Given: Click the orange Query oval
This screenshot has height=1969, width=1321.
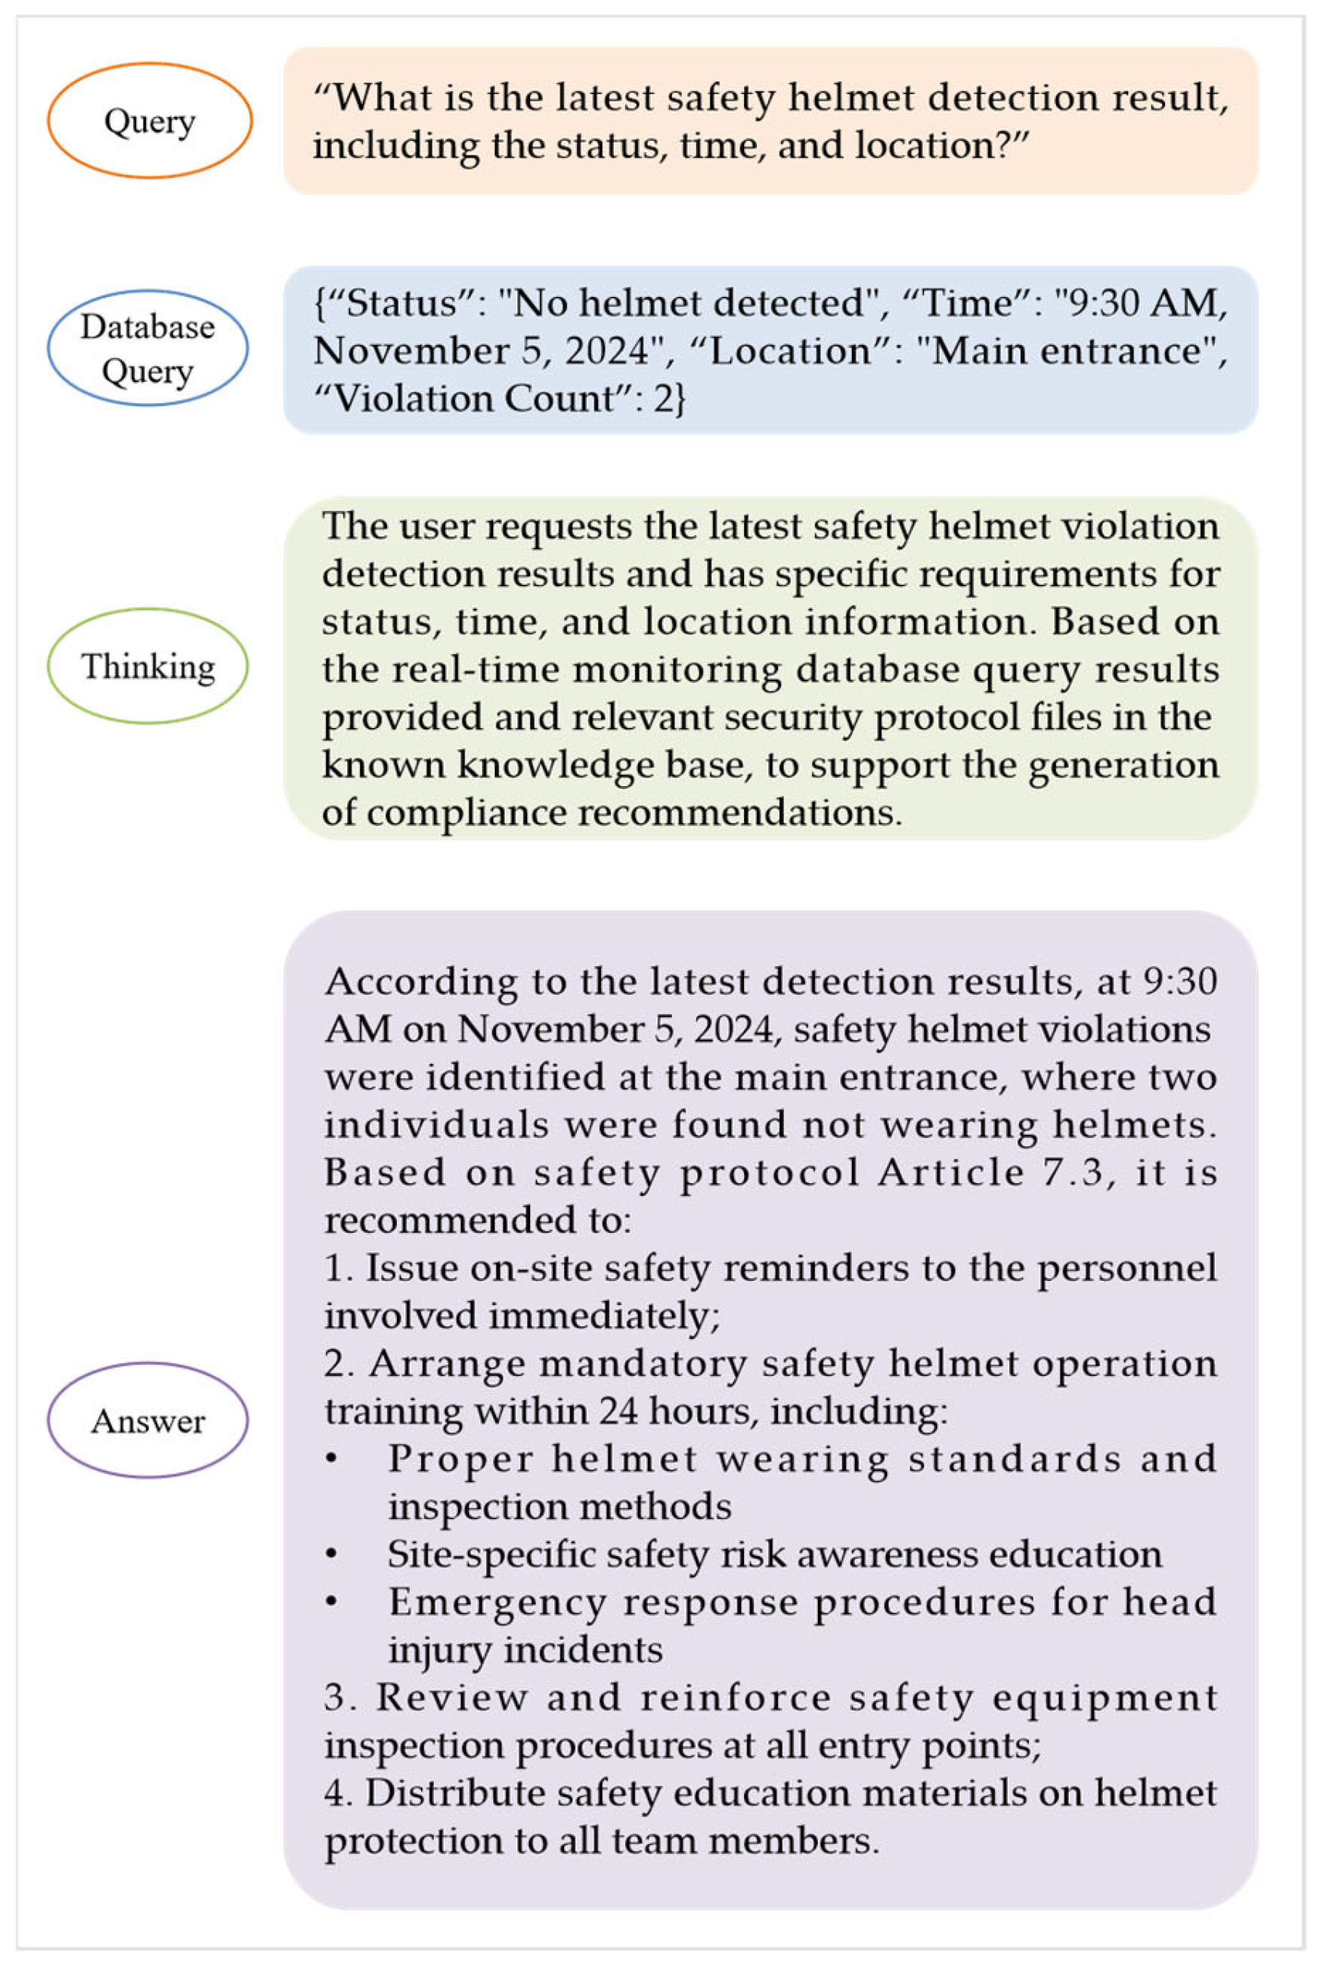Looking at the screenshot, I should (149, 121).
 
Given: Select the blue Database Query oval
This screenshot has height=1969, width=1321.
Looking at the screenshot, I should (148, 347).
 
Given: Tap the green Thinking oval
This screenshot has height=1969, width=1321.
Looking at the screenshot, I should (148, 666).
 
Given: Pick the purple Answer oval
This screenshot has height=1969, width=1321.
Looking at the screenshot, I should (148, 1420).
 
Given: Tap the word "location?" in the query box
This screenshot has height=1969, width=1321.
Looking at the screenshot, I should (943, 146).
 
